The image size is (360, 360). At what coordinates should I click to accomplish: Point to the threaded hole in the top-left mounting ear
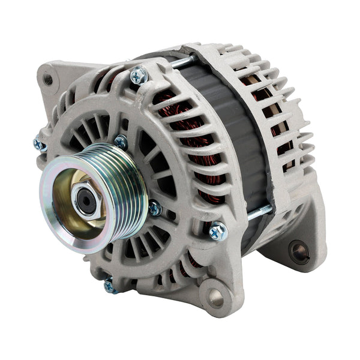click(49, 79)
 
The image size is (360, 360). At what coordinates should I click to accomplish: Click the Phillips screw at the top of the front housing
click(139, 75)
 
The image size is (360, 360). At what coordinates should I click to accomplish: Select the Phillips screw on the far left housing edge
click(40, 145)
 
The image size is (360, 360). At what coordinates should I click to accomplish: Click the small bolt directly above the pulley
click(121, 142)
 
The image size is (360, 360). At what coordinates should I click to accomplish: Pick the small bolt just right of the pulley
click(155, 208)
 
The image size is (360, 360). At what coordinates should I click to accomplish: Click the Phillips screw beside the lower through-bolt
click(218, 230)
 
